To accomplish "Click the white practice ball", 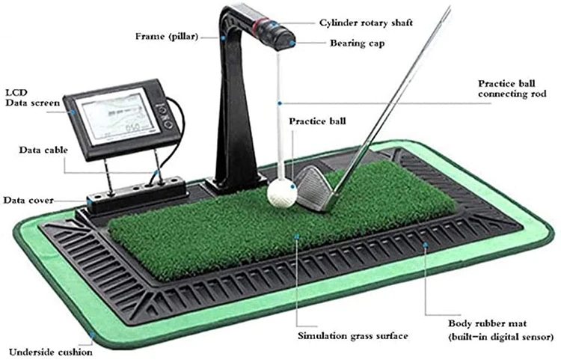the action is (278, 191).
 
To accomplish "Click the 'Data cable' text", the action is (43, 150).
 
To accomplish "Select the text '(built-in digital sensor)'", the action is (500, 338).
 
